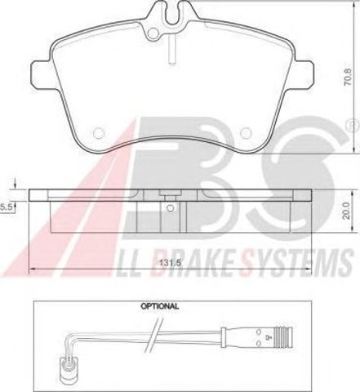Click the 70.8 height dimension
tap(348, 77)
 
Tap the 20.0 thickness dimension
tap(346, 211)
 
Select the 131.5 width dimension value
tap(171, 263)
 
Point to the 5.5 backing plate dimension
tap(6, 207)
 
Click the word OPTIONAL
tap(160, 306)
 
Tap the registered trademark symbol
tap(354, 126)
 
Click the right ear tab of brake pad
tap(304, 74)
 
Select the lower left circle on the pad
tap(99, 133)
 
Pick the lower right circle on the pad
tap(246, 133)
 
